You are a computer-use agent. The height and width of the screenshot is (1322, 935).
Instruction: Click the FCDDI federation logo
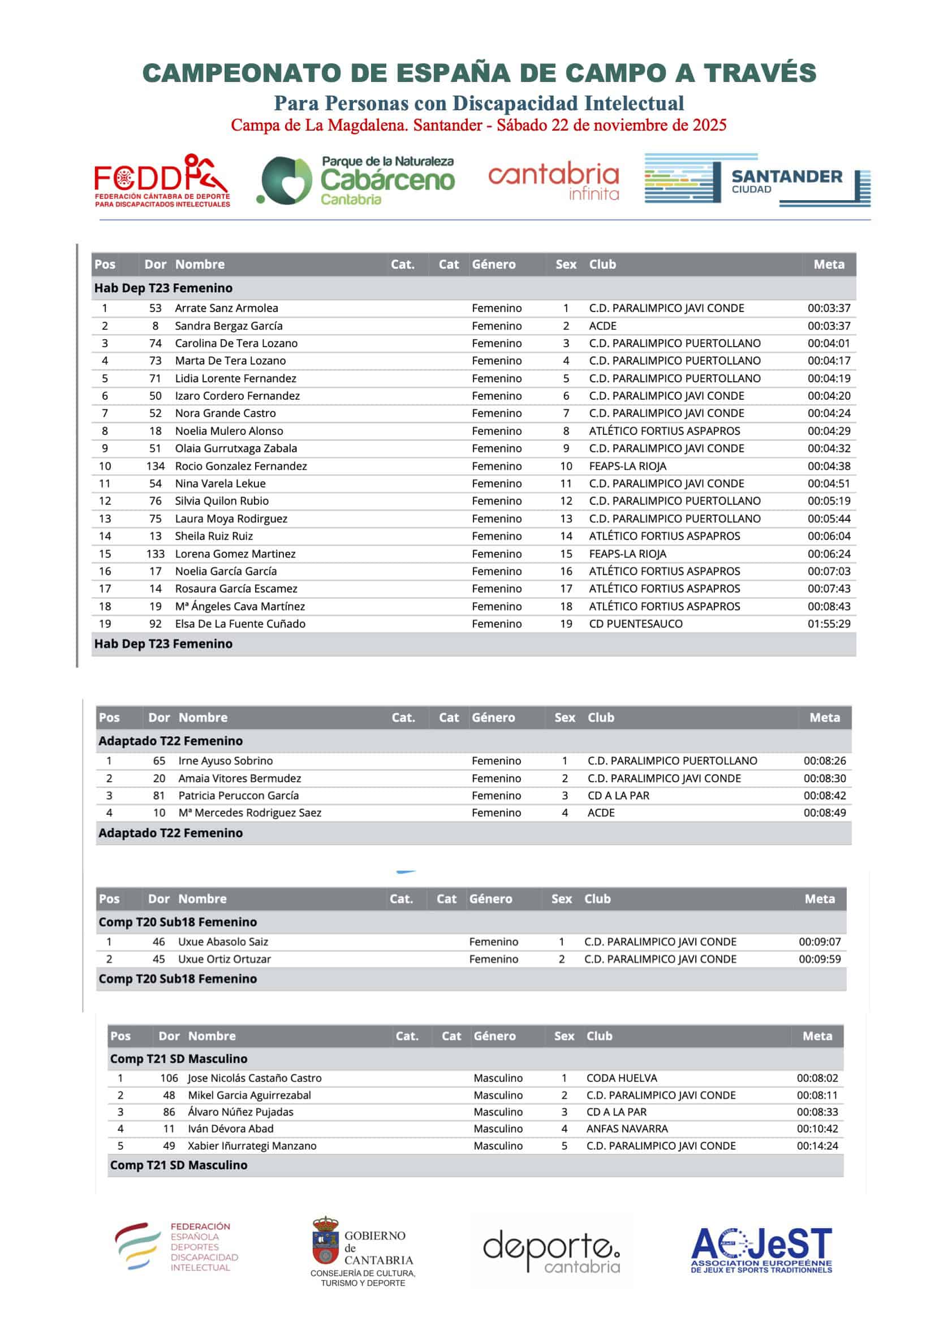162,180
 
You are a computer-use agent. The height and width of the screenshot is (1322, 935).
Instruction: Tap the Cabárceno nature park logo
357,180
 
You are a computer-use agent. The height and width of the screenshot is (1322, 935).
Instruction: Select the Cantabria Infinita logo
553,180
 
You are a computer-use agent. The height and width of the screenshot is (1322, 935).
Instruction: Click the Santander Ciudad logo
757,180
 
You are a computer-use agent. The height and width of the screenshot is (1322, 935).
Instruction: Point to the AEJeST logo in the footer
761,1250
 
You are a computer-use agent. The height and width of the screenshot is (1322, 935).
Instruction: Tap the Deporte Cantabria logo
551,1251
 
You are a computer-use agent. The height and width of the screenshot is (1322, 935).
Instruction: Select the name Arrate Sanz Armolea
226,308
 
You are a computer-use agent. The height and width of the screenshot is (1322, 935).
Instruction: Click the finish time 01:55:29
829,624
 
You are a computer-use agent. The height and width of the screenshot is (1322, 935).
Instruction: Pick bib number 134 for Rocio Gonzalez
155,466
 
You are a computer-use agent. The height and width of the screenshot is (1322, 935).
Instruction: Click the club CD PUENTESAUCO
635,624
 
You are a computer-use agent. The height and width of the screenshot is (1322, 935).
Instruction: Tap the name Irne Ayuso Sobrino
225,761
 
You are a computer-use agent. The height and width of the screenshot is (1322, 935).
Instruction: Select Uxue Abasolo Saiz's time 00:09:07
819,941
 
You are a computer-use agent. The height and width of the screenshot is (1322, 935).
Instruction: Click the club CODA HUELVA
622,1078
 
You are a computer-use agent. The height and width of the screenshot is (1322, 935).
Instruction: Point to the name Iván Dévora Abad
230,1129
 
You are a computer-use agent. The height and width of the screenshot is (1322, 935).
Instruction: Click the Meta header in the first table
829,264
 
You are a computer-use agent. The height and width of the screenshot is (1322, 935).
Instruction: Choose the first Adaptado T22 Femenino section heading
170,741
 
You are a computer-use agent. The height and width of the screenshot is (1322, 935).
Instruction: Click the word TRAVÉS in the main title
759,73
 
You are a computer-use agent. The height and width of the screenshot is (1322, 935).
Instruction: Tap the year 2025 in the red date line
710,125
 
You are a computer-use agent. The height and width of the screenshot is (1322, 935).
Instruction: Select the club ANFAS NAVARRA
627,1129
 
